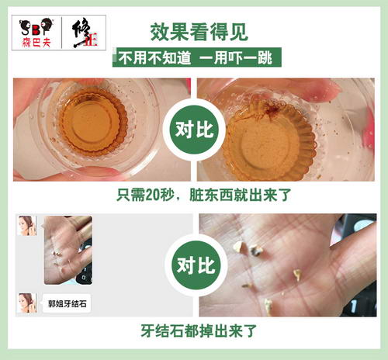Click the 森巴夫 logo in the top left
tap(36, 33)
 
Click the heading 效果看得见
tap(199, 33)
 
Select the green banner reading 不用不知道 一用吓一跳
tap(197, 57)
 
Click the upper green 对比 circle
tap(194, 129)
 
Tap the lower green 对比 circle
tap(196, 265)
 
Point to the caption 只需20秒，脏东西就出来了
tap(204, 195)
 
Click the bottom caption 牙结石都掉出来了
tap(199, 331)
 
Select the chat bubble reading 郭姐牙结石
tap(67, 303)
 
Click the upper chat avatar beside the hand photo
tap(27, 226)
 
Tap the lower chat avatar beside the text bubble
tap(27, 303)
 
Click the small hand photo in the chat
tap(68, 250)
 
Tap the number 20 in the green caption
tap(152, 195)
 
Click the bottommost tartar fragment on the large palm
tap(268, 306)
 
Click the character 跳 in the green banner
tap(264, 57)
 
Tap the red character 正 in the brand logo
tap(92, 41)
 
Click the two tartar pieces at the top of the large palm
tap(248, 248)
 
